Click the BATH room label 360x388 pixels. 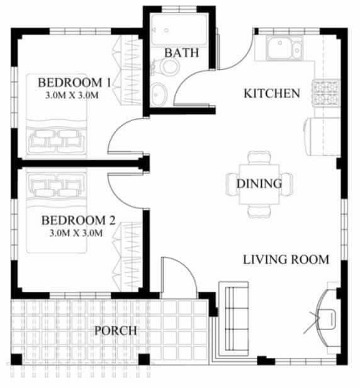tap(181, 53)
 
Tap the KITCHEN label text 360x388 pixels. tap(272, 93)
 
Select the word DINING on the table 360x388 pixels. tap(259, 184)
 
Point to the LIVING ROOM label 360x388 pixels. tap(286, 260)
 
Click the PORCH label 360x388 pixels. tap(116, 331)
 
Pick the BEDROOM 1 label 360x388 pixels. tap(74, 83)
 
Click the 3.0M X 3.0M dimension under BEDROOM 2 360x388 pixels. tap(76, 233)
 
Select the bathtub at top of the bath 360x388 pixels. tap(179, 30)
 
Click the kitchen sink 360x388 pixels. tap(284, 48)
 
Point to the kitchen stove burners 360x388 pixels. tap(327, 93)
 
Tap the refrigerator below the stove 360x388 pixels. tap(322, 136)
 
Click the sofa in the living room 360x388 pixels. tap(234, 319)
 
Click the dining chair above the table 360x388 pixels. tap(259, 158)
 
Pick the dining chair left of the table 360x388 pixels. tap(232, 185)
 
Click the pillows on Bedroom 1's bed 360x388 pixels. tap(57, 141)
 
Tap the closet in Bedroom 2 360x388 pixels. tap(127, 256)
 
